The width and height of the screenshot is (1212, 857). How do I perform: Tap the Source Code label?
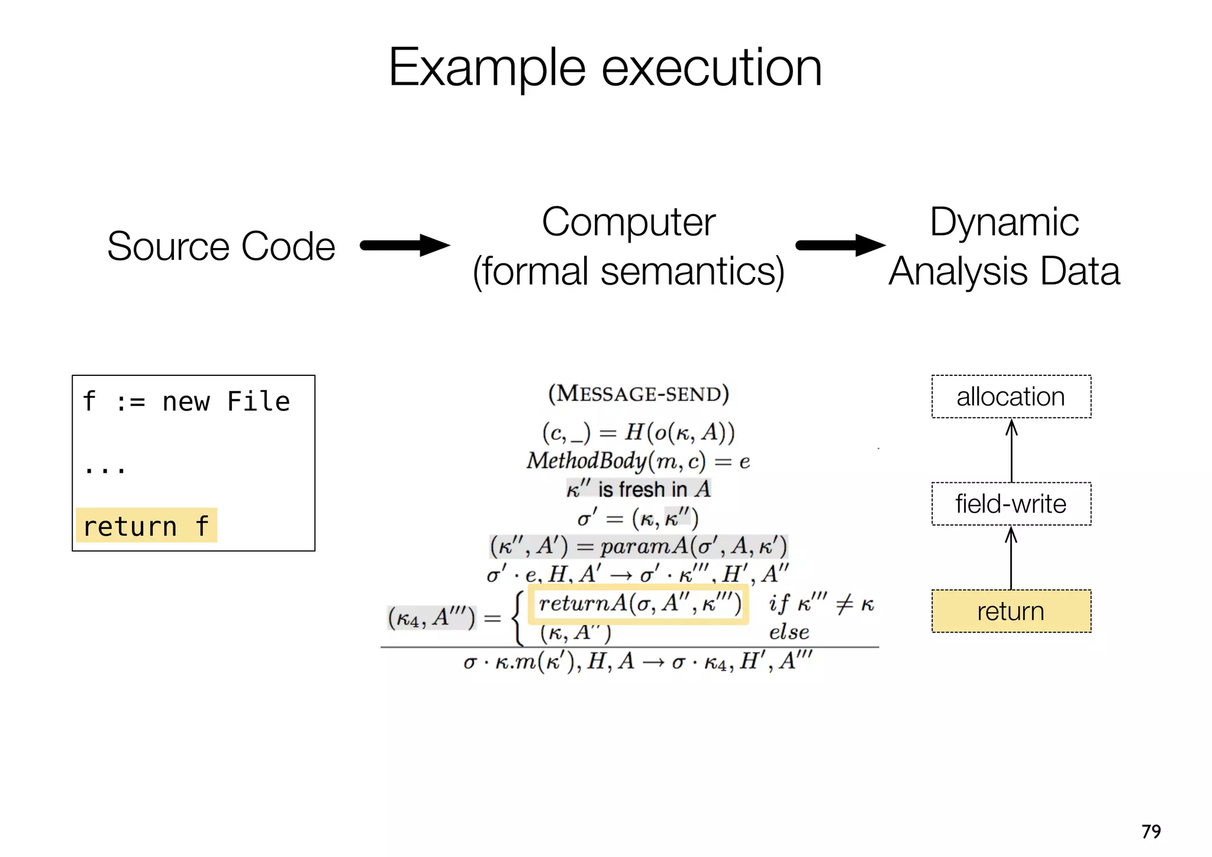(221, 246)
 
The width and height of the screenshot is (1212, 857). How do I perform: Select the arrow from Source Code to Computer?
(405, 245)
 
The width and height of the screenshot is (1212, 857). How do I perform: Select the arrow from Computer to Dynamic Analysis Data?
(840, 245)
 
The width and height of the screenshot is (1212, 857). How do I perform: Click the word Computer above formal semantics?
(628, 222)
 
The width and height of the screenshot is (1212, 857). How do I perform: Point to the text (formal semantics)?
(628, 272)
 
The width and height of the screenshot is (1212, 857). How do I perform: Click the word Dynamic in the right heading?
(1004, 222)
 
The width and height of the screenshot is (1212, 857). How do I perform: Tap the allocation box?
(1011, 397)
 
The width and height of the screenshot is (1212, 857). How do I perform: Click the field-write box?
(1011, 504)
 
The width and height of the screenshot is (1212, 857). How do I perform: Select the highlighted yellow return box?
(1011, 611)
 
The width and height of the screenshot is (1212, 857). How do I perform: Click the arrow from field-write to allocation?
(1011, 450)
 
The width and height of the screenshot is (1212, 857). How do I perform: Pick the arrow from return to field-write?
(1011, 558)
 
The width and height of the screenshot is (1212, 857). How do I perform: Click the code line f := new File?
(186, 402)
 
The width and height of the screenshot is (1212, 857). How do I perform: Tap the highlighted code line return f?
(146, 526)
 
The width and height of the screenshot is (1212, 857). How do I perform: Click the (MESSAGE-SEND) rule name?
(638, 394)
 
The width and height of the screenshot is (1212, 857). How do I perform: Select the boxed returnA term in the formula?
(639, 604)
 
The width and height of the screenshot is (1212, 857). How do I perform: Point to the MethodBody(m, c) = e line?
(638, 460)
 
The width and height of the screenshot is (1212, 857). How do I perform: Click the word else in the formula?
(789, 632)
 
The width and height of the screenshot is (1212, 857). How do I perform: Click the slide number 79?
(1151, 832)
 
